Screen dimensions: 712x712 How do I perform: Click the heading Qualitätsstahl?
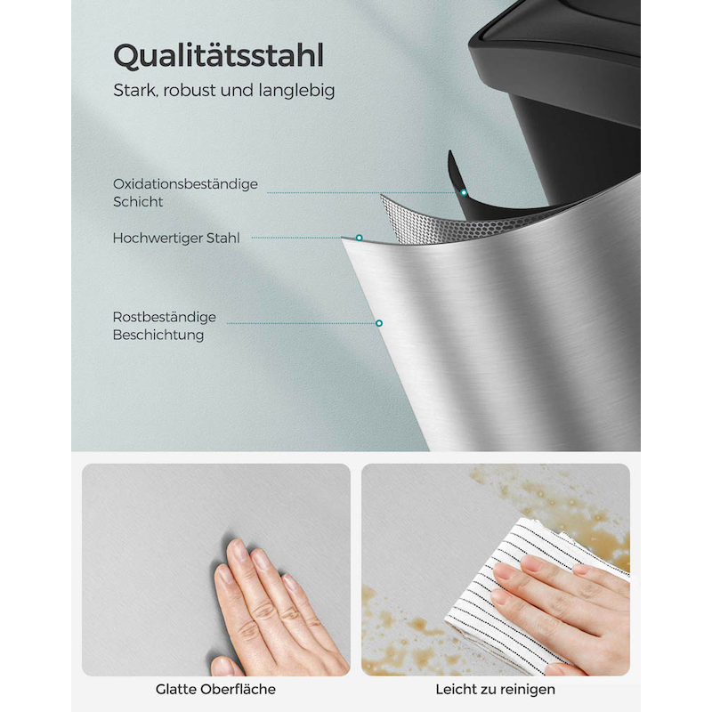pyautogui.click(x=218, y=56)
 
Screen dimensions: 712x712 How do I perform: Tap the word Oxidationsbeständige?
pyautogui.click(x=185, y=184)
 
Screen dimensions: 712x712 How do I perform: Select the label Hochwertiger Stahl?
pyautogui.click(x=176, y=238)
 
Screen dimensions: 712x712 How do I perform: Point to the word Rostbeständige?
pyautogui.click(x=165, y=317)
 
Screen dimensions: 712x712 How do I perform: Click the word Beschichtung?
pyautogui.click(x=158, y=336)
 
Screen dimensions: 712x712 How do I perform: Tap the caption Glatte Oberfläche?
pyautogui.click(x=215, y=689)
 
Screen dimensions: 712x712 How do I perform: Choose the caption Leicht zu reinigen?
pyautogui.click(x=496, y=689)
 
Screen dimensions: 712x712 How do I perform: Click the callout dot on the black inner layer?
pyautogui.click(x=464, y=192)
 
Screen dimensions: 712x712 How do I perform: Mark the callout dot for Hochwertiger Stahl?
pyautogui.click(x=360, y=238)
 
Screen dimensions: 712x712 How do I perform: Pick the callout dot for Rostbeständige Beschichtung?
pyautogui.click(x=379, y=323)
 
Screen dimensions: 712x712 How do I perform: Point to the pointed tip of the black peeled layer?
pyautogui.click(x=450, y=151)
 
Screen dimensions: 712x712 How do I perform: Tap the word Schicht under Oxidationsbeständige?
pyautogui.click(x=138, y=202)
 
